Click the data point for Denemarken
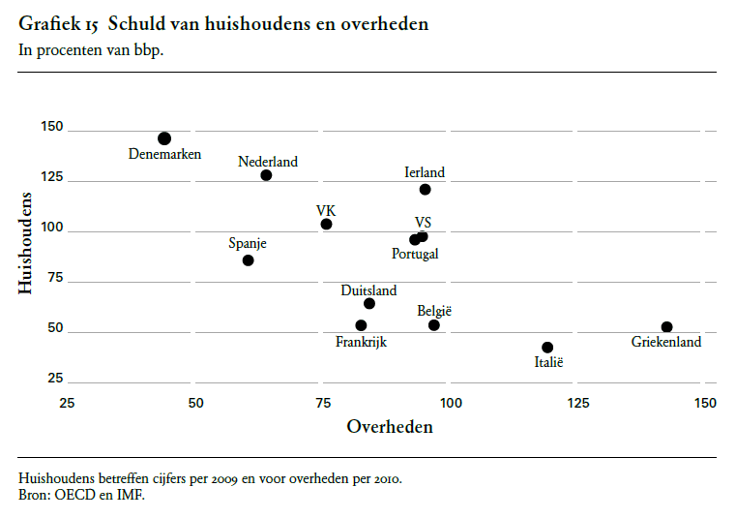pyautogui.click(x=164, y=138)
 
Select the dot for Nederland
pyautogui.click(x=266, y=175)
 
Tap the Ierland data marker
pyautogui.click(x=425, y=189)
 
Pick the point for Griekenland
pyautogui.click(x=666, y=327)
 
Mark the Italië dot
pyautogui.click(x=547, y=347)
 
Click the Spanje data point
pyautogui.click(x=248, y=260)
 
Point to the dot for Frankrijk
pyautogui.click(x=361, y=325)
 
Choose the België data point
pyautogui.click(x=434, y=325)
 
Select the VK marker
pyautogui.click(x=326, y=224)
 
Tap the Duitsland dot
pyautogui.click(x=369, y=304)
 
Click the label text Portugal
pyautogui.click(x=415, y=254)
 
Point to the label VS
pyautogui.click(x=423, y=222)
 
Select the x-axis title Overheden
pyautogui.click(x=390, y=426)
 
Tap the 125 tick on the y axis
pyautogui.click(x=51, y=178)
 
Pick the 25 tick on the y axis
pyautogui.click(x=55, y=379)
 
